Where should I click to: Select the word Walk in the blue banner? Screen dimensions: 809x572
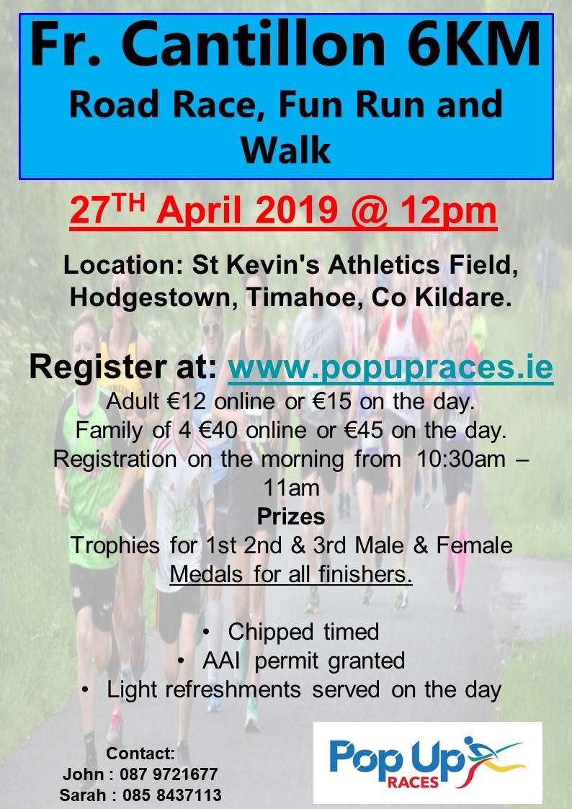click(285, 149)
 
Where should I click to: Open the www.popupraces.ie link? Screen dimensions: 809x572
click(390, 368)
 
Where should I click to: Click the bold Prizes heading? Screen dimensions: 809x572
click(290, 517)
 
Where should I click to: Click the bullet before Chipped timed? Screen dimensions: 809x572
click(207, 632)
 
